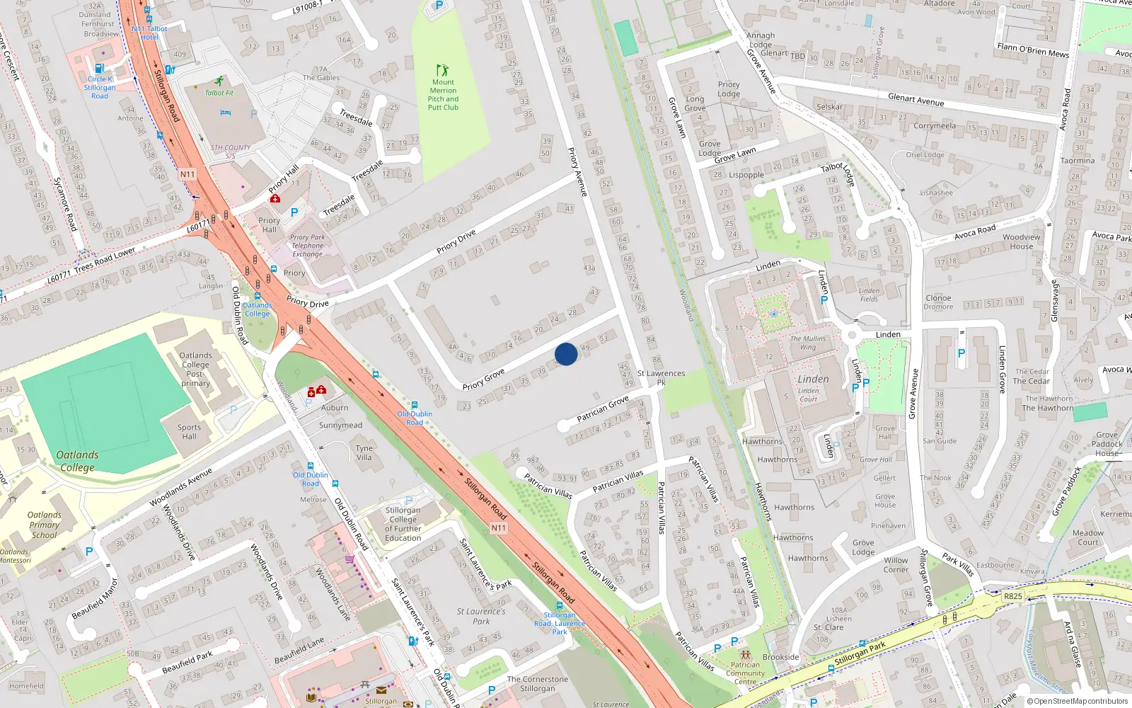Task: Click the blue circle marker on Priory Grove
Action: tap(566, 354)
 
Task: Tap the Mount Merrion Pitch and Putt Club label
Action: tap(443, 95)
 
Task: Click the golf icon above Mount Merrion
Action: tap(443, 70)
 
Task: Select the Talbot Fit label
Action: tap(219, 93)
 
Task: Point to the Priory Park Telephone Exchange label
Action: tap(308, 246)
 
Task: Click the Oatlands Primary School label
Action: tap(44, 525)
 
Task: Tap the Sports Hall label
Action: tap(189, 432)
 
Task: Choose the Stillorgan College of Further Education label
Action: tap(403, 524)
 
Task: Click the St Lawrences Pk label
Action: tap(661, 377)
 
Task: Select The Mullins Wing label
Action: tap(808, 343)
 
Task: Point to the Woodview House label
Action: tap(1021, 241)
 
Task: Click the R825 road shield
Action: tap(1012, 596)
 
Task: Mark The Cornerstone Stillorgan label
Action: tap(538, 683)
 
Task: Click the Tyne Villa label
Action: tap(364, 452)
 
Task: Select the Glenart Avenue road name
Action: tap(916, 100)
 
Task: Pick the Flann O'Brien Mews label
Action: tap(1033, 50)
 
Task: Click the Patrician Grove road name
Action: tap(602, 409)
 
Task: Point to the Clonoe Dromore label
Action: tap(938, 302)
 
